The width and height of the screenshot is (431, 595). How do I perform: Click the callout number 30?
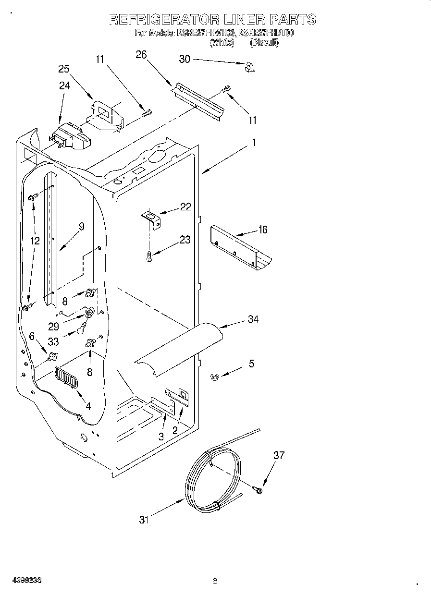coord(185,59)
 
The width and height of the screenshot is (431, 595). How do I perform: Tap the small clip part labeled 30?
coord(249,67)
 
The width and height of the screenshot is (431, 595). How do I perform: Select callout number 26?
coord(141,55)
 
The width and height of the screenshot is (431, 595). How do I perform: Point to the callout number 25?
coord(64,69)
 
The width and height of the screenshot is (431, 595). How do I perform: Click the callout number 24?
coord(64,85)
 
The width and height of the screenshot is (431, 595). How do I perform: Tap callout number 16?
coord(262,230)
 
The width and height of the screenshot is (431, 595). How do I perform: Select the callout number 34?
coord(253,319)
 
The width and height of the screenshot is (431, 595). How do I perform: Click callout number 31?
coord(144,519)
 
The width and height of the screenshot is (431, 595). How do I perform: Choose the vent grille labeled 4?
coord(67,378)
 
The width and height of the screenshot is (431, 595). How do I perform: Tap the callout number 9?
coord(81,227)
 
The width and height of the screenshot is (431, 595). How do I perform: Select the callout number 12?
coord(35,241)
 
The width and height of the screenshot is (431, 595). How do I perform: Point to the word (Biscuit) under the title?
coord(264,43)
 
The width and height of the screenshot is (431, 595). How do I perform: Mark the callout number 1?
coord(253,142)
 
